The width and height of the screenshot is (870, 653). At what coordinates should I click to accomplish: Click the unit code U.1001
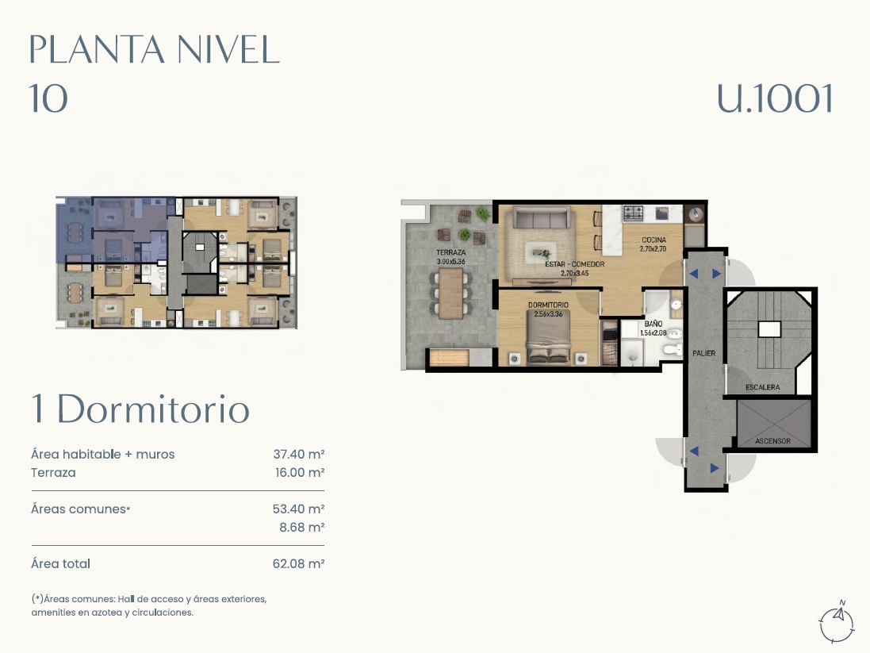(x=775, y=99)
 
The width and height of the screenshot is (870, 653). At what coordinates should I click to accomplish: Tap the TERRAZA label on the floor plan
(x=450, y=252)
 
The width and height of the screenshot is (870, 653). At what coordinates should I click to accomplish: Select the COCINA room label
(x=653, y=240)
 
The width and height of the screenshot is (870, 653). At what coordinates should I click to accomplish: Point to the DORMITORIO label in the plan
(x=548, y=305)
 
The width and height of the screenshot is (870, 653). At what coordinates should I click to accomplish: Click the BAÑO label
(x=653, y=324)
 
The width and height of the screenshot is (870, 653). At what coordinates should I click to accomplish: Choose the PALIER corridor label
(x=703, y=353)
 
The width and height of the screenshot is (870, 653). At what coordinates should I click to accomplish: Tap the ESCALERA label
(x=762, y=387)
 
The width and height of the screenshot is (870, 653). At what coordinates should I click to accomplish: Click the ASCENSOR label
(x=772, y=441)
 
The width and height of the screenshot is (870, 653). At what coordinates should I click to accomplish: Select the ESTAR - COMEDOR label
(x=574, y=264)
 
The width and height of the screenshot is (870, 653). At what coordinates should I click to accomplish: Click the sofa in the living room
(x=541, y=217)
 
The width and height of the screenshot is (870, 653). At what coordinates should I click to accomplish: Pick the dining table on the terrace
(x=451, y=294)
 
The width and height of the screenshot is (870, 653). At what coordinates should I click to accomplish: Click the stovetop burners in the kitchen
(x=633, y=212)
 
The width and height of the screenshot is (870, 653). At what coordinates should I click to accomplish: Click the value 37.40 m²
(x=298, y=454)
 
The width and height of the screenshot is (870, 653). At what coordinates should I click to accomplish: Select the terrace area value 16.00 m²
(x=300, y=473)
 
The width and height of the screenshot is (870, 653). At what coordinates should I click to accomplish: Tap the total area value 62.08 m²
(x=298, y=563)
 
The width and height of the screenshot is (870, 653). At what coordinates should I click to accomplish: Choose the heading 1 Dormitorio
(x=140, y=409)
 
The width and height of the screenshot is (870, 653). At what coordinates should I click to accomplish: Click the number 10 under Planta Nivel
(x=48, y=99)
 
